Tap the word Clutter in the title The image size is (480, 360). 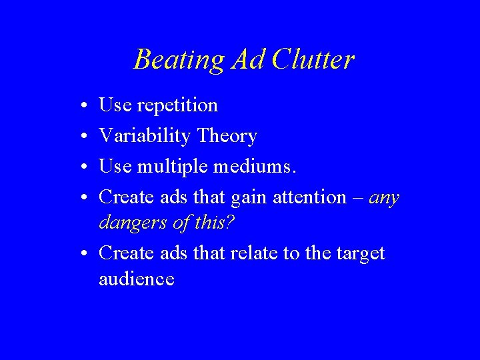point(313,60)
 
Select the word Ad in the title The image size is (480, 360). point(249,60)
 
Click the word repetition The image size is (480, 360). point(177,105)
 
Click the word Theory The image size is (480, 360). point(227,136)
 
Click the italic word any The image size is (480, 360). point(383,198)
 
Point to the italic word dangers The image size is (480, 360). point(131,223)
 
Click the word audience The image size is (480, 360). point(137,279)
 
